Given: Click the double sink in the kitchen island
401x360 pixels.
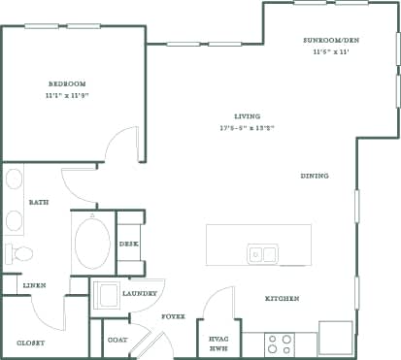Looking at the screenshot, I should (x=262, y=254).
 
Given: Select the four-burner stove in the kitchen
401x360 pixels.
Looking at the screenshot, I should (x=279, y=344).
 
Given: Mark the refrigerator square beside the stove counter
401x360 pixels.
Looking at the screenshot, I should (x=335, y=338).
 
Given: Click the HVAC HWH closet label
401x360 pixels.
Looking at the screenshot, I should (x=217, y=343).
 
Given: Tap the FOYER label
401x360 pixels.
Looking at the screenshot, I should (x=174, y=316).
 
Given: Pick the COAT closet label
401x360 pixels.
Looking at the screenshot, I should (x=117, y=340).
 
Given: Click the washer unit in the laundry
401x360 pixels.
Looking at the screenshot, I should (x=105, y=295).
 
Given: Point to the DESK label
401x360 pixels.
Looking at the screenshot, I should (x=129, y=244).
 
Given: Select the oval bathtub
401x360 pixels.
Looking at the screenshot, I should (x=92, y=243).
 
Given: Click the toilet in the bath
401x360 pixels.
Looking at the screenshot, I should (x=18, y=253).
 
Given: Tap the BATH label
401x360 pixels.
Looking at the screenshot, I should (x=39, y=203).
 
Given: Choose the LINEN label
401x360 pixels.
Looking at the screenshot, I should (x=35, y=285).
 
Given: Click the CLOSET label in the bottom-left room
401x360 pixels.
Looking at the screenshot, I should (x=31, y=344).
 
